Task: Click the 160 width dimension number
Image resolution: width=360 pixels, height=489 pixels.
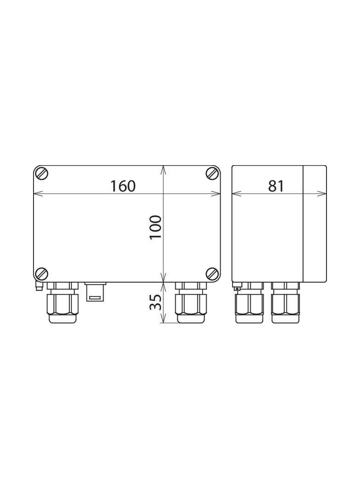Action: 123,186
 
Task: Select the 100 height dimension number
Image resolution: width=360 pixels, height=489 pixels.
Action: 156,227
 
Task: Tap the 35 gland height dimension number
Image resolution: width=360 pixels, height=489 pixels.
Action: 156,302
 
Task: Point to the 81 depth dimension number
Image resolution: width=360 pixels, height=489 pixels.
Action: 276,186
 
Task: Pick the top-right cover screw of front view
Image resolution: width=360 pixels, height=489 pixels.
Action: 212,173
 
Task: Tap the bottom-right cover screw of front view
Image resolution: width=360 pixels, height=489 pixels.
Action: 212,273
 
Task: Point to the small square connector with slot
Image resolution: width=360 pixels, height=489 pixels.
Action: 96,292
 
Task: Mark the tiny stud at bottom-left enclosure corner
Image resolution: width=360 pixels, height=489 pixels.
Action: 39,287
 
